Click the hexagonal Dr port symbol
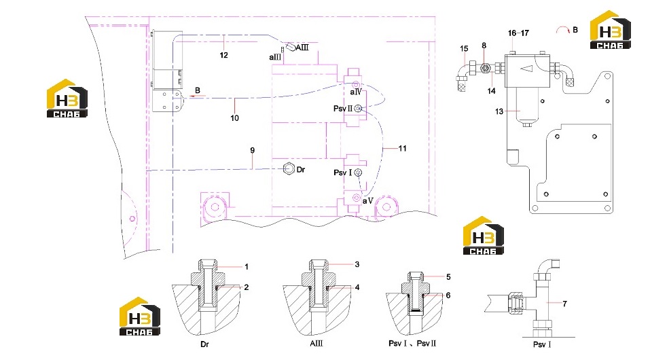point(289,169)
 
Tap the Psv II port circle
point(359,108)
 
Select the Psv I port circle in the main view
point(358,172)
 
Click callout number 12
point(224,55)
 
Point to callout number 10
point(234,118)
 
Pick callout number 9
point(253,150)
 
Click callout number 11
point(403,148)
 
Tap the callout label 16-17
point(519,33)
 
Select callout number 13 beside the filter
point(499,111)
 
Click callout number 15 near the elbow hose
point(464,48)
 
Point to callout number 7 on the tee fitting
point(564,304)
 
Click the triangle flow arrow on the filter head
point(526,69)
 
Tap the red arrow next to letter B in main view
point(198,96)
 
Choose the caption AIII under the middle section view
point(317,344)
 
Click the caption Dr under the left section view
point(204,344)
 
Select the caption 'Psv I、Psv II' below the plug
point(412,344)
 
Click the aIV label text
point(356,92)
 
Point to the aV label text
point(367,201)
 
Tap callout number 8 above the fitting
point(484,46)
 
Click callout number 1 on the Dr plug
point(247,267)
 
